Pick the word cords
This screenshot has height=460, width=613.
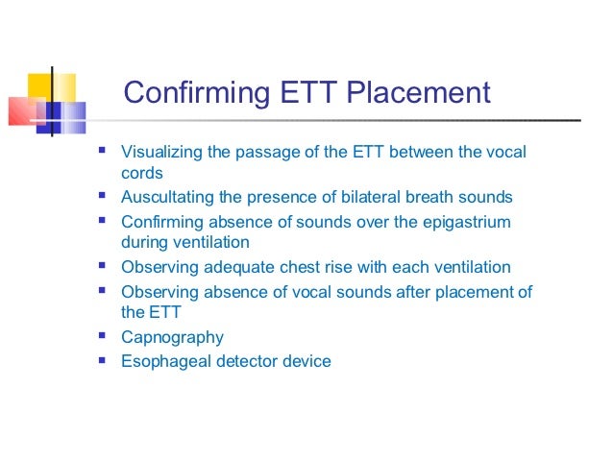pos(141,175)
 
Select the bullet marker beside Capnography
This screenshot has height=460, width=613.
pos(101,336)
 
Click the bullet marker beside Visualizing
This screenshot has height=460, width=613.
pos(101,152)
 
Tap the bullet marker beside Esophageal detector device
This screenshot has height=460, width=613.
pos(101,360)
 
